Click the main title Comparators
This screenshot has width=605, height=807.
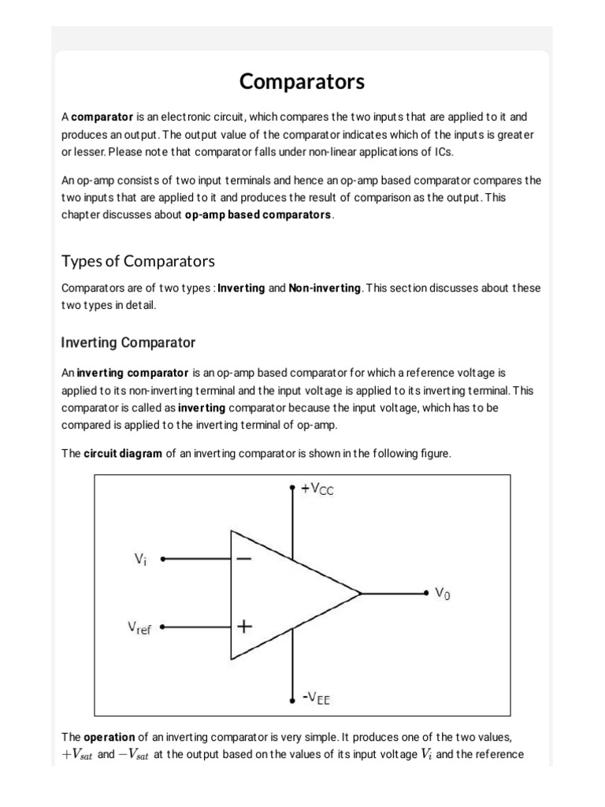coord(302,81)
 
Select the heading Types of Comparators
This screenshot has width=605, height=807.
coord(138,261)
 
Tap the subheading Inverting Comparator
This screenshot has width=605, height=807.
coord(128,343)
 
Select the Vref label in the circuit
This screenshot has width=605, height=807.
coord(139,629)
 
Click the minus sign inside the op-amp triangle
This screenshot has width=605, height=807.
coord(243,559)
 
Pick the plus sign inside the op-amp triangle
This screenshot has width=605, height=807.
coord(244,627)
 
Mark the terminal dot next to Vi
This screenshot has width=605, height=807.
coord(162,560)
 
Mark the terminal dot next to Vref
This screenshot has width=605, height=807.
coord(162,628)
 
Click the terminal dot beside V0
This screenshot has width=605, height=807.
coord(425,593)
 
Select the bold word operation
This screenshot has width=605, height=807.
coord(111,738)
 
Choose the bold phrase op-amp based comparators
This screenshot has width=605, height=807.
coord(258,215)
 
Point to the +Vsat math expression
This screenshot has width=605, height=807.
coord(77,755)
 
